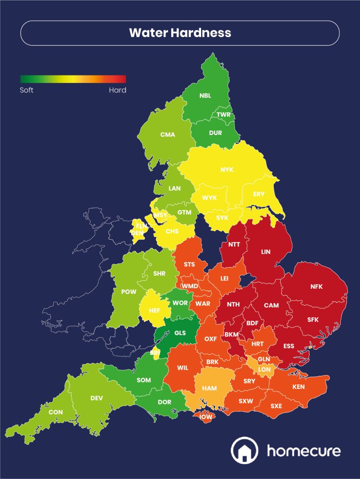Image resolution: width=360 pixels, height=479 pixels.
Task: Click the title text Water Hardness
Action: point(180,33)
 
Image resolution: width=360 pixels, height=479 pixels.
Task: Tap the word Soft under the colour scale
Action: point(27,90)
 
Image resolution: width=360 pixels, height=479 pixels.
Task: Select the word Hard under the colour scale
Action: point(117,90)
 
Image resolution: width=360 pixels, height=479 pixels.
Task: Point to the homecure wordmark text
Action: point(303,451)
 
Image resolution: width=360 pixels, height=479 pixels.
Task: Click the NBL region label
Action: point(205,96)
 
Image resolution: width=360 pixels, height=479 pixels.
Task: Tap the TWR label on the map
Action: point(224,115)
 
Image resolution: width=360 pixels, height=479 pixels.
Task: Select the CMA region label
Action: point(167,135)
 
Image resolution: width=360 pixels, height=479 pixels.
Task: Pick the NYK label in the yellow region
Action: point(227,170)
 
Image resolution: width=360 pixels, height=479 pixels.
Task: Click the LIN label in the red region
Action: point(266,252)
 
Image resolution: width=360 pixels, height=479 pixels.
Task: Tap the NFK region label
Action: point(316,287)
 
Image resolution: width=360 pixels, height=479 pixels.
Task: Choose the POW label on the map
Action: point(128,292)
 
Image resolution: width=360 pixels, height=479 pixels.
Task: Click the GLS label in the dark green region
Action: point(180,333)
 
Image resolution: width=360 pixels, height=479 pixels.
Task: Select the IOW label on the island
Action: point(206,417)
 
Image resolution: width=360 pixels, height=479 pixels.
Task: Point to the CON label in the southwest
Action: point(55,412)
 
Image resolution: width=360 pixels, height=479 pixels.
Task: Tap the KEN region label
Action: point(298,387)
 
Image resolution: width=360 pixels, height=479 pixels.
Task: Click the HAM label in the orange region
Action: point(209,389)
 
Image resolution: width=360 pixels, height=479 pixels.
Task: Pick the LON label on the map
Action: point(264,369)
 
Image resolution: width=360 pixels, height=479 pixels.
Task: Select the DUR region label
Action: point(216,133)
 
